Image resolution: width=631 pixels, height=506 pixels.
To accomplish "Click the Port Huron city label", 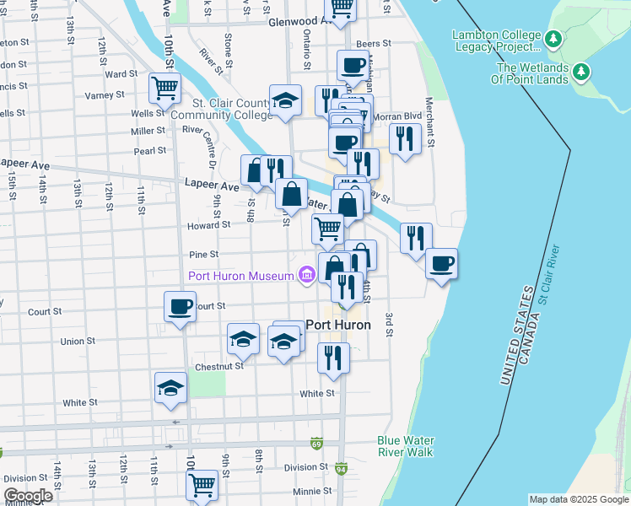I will [337, 325].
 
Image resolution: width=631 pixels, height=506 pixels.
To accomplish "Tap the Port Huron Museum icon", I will [306, 274].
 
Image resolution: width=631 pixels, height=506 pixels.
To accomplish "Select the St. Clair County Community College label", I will [221, 109].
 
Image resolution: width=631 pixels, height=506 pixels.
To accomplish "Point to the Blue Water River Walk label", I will [405, 446].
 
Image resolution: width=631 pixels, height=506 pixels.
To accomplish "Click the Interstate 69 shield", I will [316, 443].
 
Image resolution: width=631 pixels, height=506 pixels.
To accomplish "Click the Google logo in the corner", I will [28, 496].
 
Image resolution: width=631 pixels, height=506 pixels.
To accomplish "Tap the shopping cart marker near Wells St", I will [165, 87].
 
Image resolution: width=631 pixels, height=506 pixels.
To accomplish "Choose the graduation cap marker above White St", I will [170, 388].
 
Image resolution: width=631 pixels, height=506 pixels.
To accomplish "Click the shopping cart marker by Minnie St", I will [202, 484].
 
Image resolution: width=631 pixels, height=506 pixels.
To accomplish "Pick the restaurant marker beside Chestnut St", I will [334, 357].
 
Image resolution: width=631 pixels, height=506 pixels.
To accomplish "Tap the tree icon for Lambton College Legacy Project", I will [553, 39].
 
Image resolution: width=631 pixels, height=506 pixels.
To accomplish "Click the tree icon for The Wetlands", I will [581, 73].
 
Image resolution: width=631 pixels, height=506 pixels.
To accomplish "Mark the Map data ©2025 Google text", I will [578, 499].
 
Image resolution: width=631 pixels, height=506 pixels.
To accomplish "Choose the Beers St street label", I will [374, 43].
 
